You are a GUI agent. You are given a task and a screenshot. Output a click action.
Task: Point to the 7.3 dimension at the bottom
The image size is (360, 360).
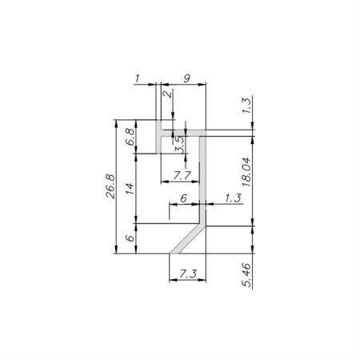click(x=189, y=274)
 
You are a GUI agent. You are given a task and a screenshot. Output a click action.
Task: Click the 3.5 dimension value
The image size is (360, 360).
click(x=180, y=145)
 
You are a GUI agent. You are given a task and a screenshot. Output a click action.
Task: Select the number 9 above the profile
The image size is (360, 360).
click(x=186, y=78)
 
